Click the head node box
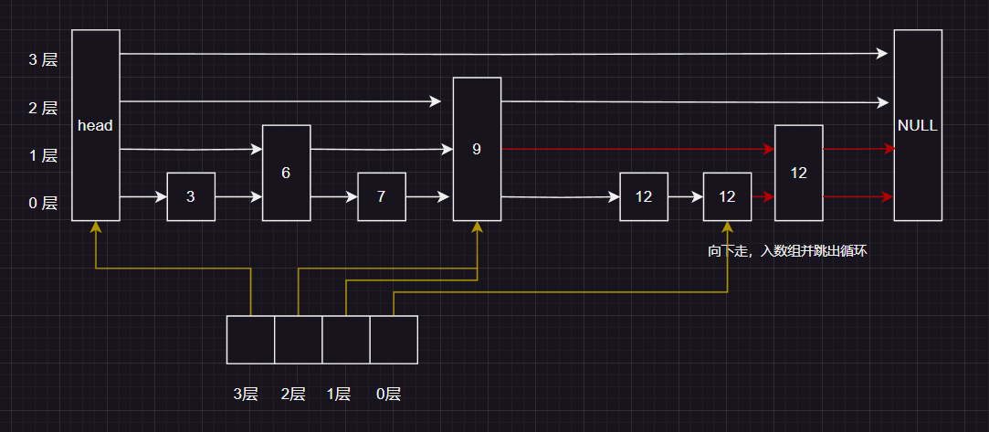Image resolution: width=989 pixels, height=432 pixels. pos(95,125)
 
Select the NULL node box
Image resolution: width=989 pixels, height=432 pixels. pos(917,125)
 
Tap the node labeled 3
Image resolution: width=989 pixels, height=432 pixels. pos(190,196)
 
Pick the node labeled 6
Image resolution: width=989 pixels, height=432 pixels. pos(286,172)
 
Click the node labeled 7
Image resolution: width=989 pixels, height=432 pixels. pos(381,196)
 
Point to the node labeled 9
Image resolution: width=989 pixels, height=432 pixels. pos(477,149)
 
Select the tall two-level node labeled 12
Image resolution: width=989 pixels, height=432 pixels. pos(798,173)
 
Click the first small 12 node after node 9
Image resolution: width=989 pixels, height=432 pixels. pos(644,196)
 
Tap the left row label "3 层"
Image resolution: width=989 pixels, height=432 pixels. pos(43,60)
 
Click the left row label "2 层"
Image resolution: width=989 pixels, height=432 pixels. pos(43,108)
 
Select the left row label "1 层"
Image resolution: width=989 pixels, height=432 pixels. pos(43,155)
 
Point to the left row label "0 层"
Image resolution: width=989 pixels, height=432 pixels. pos(43,203)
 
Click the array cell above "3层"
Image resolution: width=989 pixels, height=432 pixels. pos(250,340)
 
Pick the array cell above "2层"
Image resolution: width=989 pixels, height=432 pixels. pos(298,340)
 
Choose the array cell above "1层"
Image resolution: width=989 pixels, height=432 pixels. pos(346,340)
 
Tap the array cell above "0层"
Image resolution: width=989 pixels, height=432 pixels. pos(394,340)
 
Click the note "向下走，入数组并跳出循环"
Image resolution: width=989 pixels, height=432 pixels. pos(786,250)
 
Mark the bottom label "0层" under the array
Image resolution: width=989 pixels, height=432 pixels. pos(388,395)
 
